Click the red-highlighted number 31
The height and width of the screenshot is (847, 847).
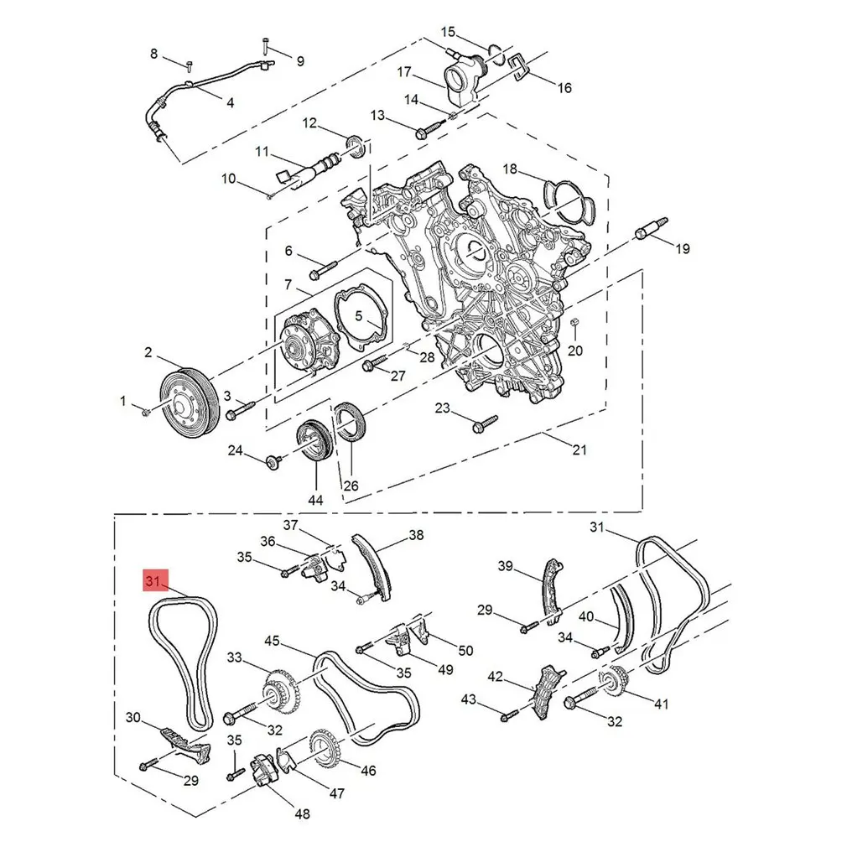coord(153,580)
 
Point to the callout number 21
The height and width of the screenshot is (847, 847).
coord(579,450)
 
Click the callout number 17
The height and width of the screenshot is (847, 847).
coord(404,71)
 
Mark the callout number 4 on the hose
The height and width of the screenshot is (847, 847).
coord(230,102)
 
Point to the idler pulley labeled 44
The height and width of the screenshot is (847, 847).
coord(315,441)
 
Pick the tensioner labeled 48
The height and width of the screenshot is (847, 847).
coord(263,770)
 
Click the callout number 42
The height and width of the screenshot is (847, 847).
coord(496,676)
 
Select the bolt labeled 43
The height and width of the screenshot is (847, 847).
coord(507,715)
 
